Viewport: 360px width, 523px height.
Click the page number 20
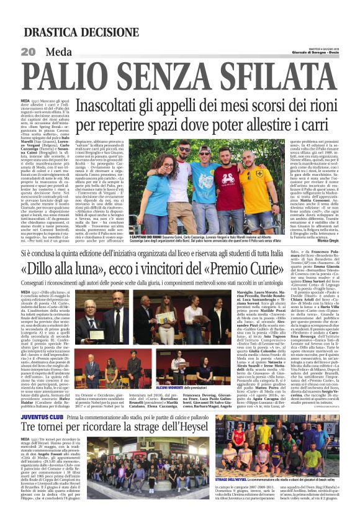[x=29, y=52]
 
